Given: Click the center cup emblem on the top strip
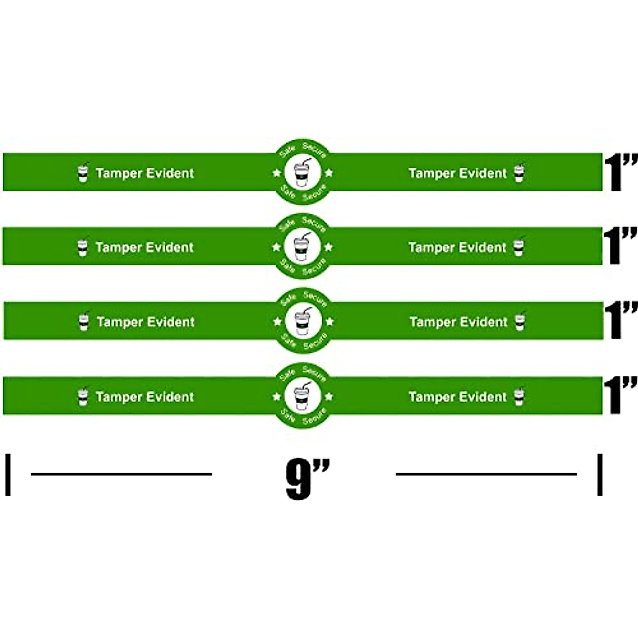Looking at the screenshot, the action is pyautogui.click(x=302, y=172).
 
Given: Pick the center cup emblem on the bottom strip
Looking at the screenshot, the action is pyautogui.click(x=302, y=396).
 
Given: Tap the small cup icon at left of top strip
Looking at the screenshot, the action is pyautogui.click(x=82, y=173).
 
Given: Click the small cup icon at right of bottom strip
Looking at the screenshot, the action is pyautogui.click(x=519, y=397).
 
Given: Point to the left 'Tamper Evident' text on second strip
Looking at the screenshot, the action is pyautogui.click(x=145, y=247).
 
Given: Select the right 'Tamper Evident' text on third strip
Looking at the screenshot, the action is pyautogui.click(x=458, y=322).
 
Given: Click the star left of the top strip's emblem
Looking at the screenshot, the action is pyautogui.click(x=276, y=172).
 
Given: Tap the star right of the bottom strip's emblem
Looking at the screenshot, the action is pyautogui.click(x=329, y=396).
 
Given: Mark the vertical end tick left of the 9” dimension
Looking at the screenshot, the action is pyautogui.click(x=8, y=474).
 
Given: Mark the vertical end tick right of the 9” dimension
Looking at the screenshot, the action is pyautogui.click(x=600, y=474).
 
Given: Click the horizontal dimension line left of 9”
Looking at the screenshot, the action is pyautogui.click(x=121, y=474).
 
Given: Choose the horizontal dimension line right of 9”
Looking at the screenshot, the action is pyautogui.click(x=486, y=474).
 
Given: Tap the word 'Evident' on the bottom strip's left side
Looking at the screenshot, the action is pyautogui.click(x=170, y=397).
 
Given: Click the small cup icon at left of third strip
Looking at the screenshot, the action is pyautogui.click(x=83, y=322).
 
